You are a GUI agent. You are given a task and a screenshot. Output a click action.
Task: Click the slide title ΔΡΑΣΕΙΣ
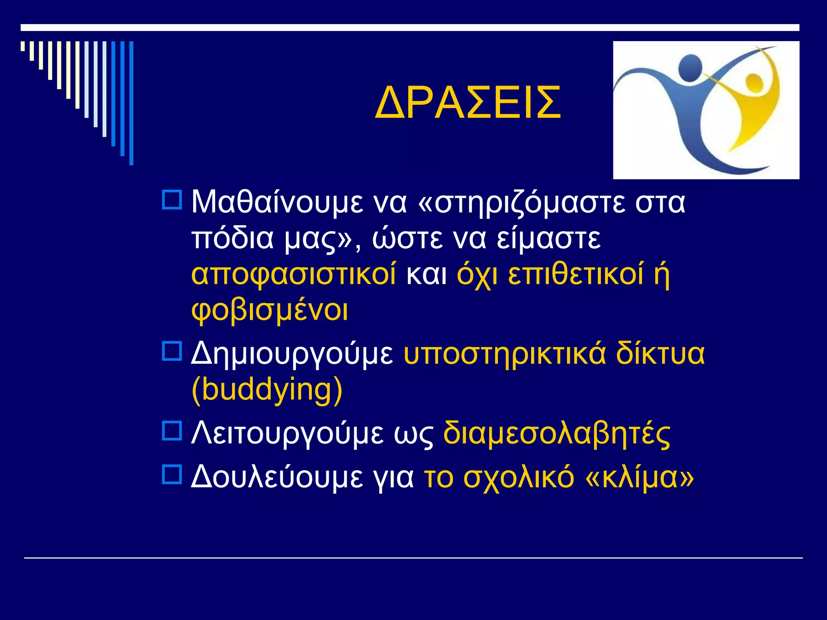(x=468, y=103)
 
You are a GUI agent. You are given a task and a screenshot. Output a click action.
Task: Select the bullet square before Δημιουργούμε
(x=172, y=351)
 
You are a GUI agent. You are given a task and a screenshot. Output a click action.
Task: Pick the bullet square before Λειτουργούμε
(x=172, y=431)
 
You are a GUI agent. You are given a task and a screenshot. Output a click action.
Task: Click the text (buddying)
(x=267, y=390)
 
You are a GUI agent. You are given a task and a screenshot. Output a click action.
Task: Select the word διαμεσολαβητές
(x=557, y=434)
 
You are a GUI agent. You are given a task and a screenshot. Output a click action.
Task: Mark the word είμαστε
(x=548, y=238)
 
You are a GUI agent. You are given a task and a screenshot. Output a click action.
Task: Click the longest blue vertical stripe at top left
(x=131, y=103)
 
